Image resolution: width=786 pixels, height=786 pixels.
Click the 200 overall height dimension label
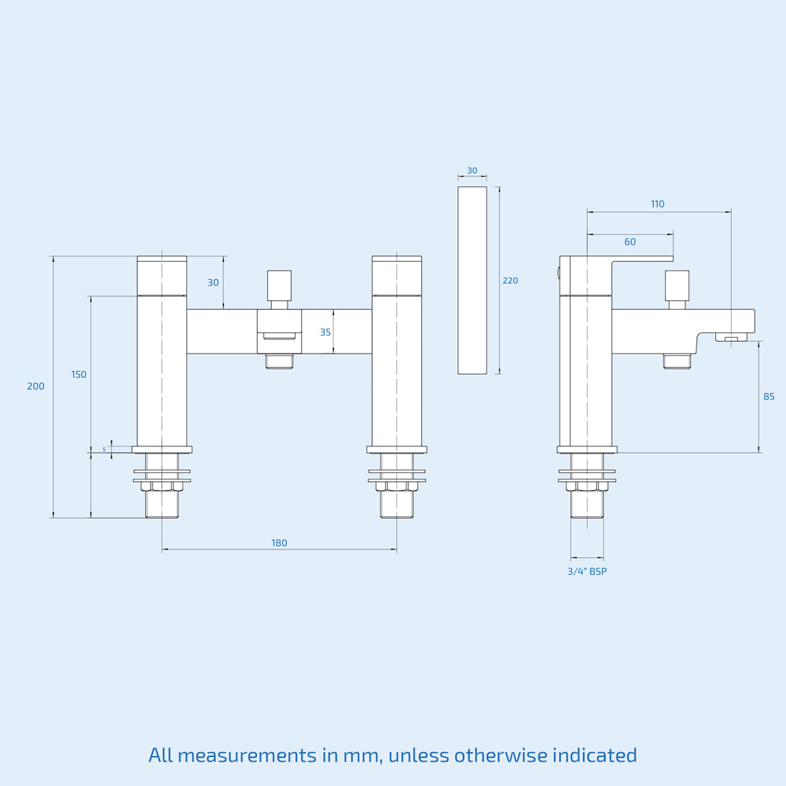(x=35, y=386)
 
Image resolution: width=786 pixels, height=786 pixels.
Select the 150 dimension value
(x=79, y=374)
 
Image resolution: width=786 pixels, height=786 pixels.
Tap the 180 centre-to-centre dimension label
(x=279, y=543)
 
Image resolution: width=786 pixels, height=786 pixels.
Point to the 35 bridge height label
(x=325, y=332)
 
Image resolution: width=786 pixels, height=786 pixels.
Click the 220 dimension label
(x=510, y=281)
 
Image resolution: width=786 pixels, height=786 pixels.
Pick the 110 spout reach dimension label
(x=658, y=204)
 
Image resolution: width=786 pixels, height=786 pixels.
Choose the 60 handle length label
(x=630, y=242)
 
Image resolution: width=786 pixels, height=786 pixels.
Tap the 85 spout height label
(x=769, y=396)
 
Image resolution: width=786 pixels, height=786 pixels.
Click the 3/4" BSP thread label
(x=587, y=571)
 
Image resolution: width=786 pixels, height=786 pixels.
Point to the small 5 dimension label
(x=105, y=449)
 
